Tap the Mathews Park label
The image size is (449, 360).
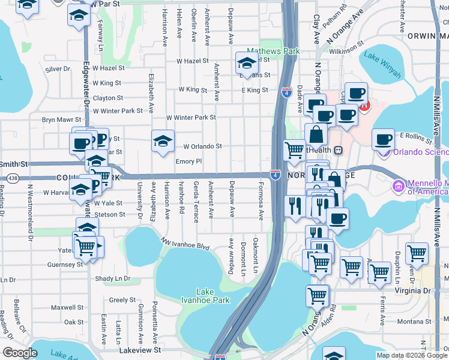click(273, 52)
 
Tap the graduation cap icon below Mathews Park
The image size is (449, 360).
click(246, 62)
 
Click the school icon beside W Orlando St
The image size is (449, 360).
click(162, 142)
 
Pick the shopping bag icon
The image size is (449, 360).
click(316, 136)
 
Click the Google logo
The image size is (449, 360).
click(20, 353)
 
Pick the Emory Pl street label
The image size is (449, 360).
click(188, 161)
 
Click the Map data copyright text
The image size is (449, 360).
click(411, 355)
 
